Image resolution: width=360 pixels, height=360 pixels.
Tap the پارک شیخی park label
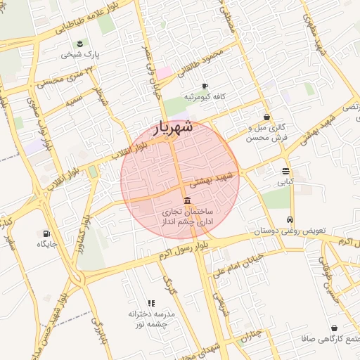pos(88,54)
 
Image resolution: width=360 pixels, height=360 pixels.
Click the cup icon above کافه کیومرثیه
pos(205,86)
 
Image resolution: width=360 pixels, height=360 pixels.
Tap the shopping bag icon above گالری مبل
pos(266,117)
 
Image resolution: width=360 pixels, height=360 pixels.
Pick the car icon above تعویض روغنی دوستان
pos(289,219)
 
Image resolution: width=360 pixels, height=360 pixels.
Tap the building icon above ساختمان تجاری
pos(186,201)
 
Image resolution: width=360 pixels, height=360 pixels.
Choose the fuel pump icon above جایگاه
pos(46,233)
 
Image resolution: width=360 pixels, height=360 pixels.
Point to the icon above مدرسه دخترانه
pos(151,302)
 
